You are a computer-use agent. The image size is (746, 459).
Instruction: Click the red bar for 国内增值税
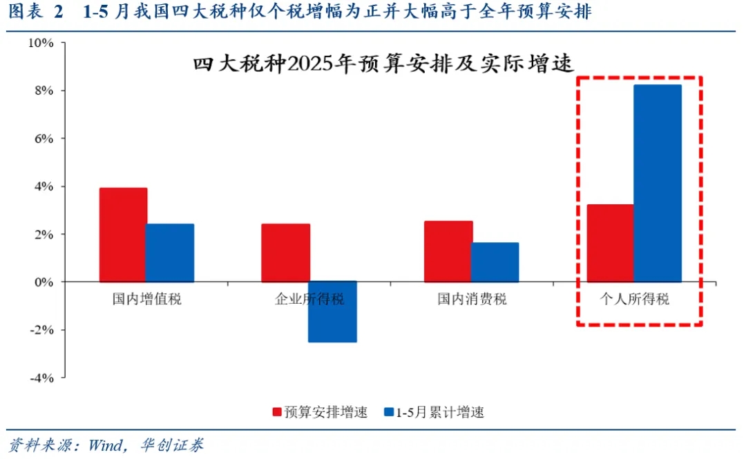point(123,235)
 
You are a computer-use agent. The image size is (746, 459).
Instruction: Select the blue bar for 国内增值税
point(170,253)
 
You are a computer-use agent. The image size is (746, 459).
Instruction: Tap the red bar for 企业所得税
point(285,253)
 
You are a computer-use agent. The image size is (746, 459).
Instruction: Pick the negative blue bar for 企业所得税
point(332,312)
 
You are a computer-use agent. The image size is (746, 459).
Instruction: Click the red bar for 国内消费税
point(448,251)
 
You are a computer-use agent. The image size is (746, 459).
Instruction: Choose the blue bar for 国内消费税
point(495,262)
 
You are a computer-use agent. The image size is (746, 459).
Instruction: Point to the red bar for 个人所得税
point(611,243)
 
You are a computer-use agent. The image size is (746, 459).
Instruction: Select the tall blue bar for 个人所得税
point(658,184)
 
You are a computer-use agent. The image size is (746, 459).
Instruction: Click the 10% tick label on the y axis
point(41,43)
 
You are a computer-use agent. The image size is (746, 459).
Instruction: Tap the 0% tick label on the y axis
point(44,282)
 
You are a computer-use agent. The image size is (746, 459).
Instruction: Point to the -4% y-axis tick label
point(41,378)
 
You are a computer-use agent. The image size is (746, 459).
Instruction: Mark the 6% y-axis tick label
point(44,139)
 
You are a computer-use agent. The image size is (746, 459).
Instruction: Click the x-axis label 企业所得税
point(309,300)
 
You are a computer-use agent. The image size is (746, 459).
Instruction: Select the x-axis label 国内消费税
point(472,300)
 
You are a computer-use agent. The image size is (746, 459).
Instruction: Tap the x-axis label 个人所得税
point(634,300)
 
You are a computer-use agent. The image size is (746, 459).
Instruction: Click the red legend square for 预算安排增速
point(276,412)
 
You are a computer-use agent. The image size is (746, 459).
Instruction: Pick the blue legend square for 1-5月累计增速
point(390,412)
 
